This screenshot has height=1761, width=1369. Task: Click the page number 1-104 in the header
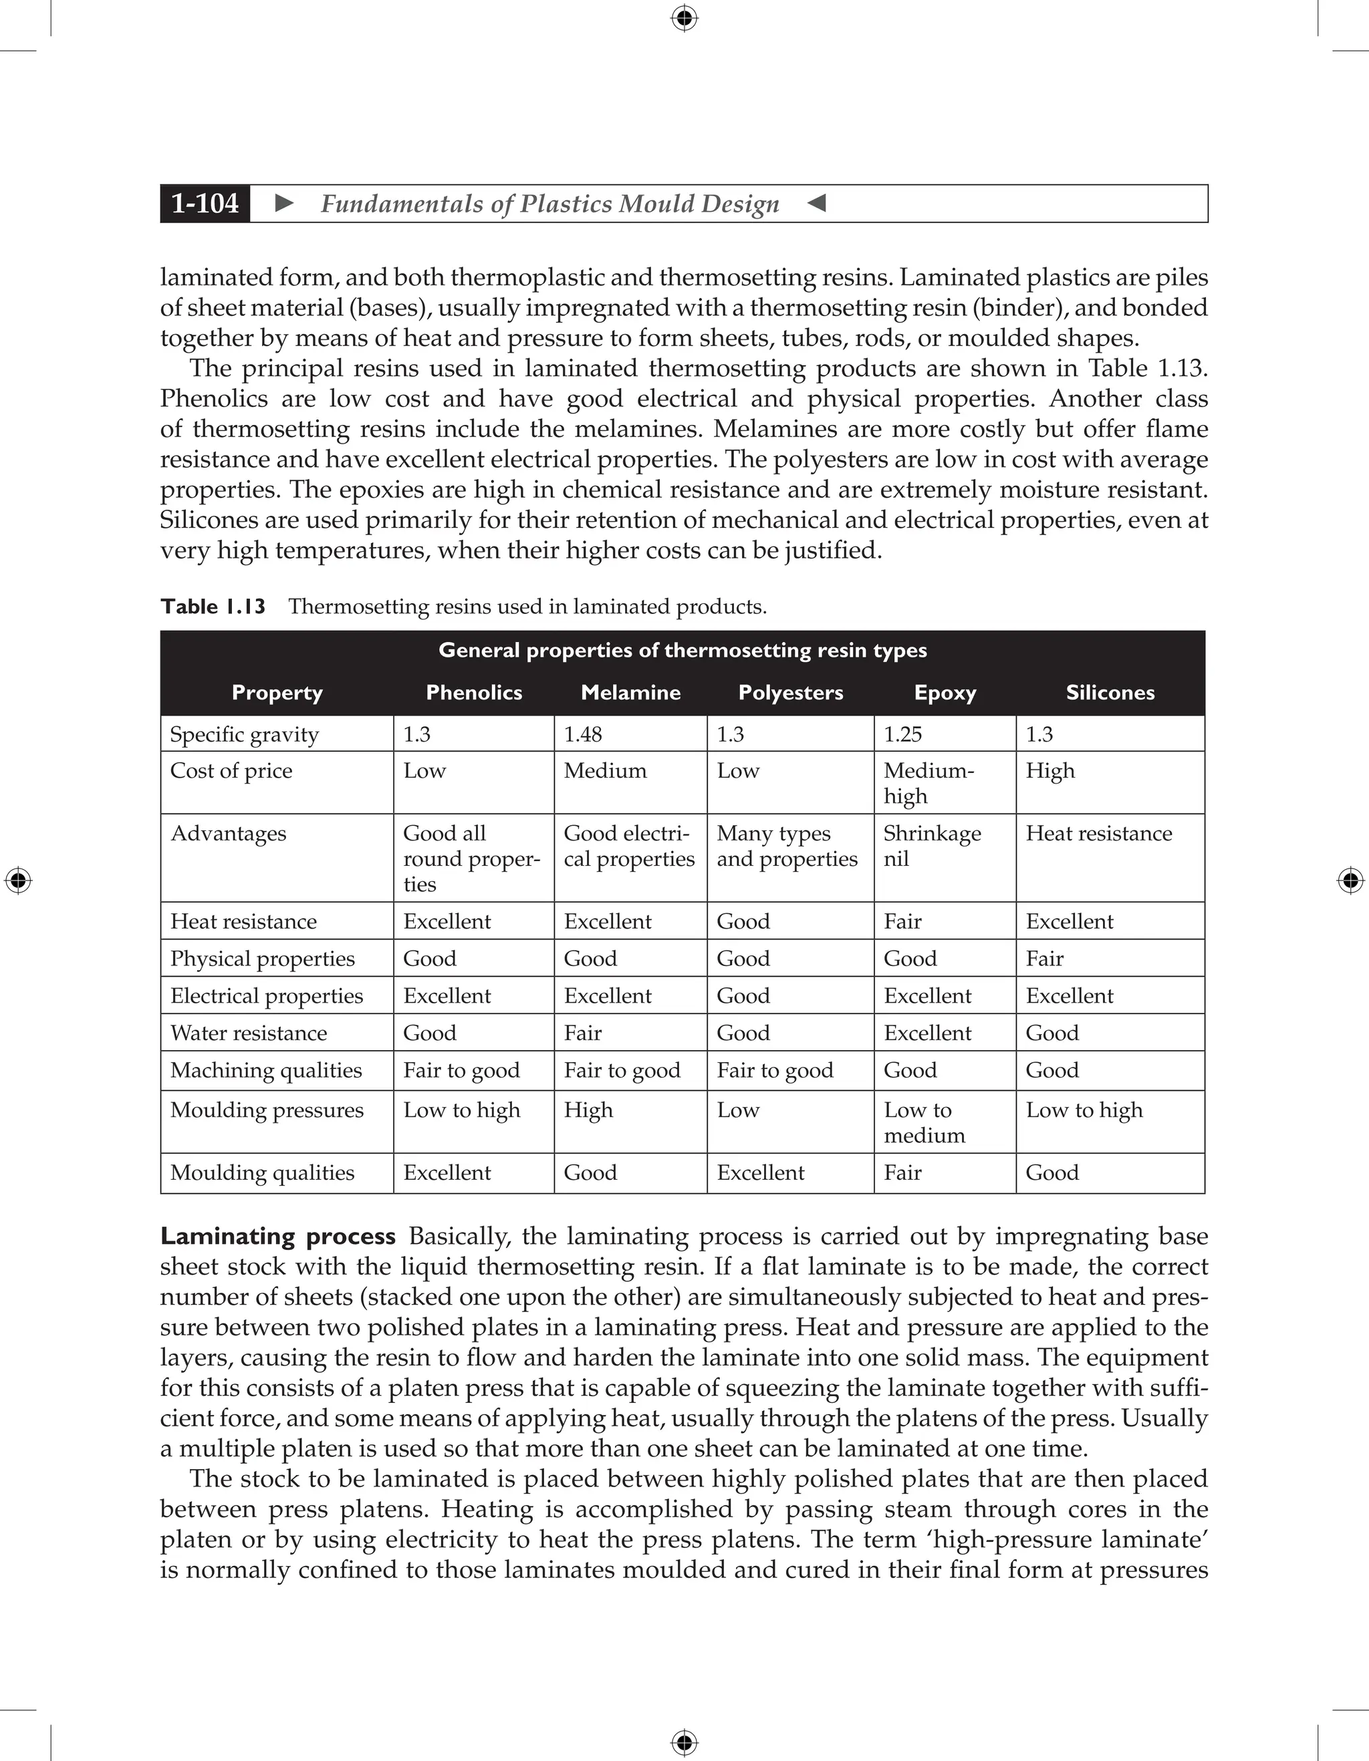[205, 203]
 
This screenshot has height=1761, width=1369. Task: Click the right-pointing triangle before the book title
[284, 203]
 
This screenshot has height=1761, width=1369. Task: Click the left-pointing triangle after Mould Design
[816, 203]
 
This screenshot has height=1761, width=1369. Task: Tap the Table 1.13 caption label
[213, 607]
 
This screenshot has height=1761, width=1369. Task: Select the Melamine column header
[630, 693]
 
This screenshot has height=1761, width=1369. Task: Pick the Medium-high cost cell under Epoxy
[928, 783]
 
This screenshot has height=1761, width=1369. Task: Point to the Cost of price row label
[231, 771]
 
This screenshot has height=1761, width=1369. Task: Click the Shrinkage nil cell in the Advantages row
[932, 846]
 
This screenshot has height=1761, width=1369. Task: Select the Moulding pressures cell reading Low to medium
[924, 1122]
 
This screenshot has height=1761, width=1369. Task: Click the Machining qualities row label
[265, 1070]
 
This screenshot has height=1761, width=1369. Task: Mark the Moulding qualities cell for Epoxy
[902, 1172]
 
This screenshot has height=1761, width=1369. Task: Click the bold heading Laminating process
[277, 1236]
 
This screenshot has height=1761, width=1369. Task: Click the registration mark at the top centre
[684, 18]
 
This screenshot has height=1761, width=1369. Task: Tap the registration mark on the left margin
[18, 880]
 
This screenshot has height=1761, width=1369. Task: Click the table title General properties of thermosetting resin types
[682, 651]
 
